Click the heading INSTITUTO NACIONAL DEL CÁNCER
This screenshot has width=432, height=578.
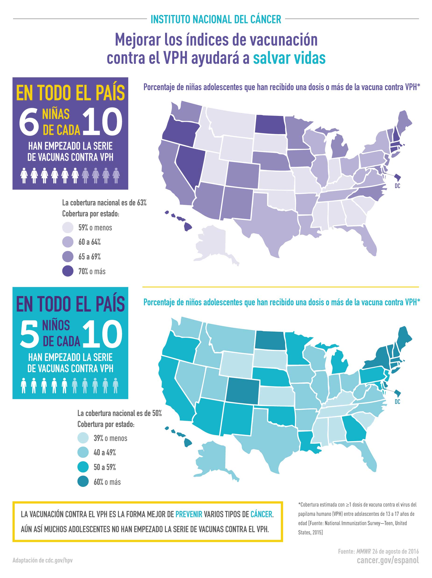pyautogui.click(x=216, y=19)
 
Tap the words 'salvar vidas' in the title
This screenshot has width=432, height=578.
pyautogui.click(x=289, y=58)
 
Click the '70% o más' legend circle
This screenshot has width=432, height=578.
pyautogui.click(x=68, y=271)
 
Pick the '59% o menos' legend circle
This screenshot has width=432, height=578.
pyautogui.click(x=68, y=227)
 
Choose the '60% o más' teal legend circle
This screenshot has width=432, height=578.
pyautogui.click(x=83, y=482)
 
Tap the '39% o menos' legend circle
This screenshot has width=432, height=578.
pyautogui.click(x=83, y=438)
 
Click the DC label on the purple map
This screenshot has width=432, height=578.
pyautogui.click(x=397, y=186)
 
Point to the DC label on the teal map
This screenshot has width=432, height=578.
pyautogui.click(x=397, y=402)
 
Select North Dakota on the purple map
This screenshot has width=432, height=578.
pyautogui.click(x=269, y=124)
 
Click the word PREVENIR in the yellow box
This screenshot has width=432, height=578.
pyautogui.click(x=189, y=514)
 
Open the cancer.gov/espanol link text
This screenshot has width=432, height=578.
pyautogui.click(x=388, y=560)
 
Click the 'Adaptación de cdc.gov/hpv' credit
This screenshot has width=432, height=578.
pyautogui.click(x=42, y=560)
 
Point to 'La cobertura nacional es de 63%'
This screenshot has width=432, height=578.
pyautogui.click(x=104, y=203)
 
